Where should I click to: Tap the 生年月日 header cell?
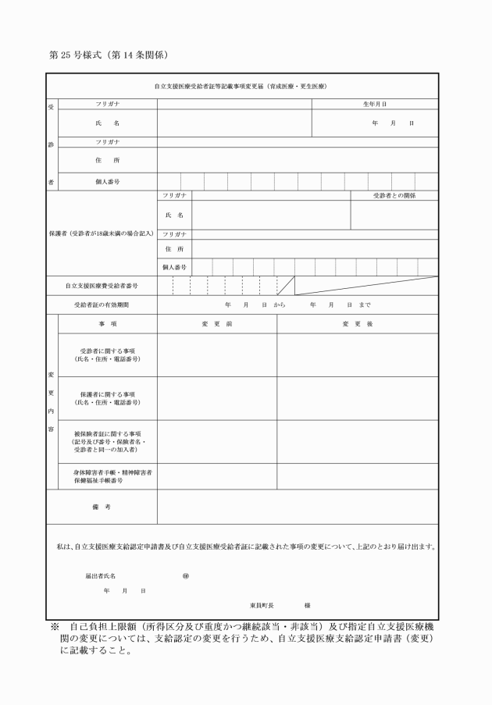tap(375, 104)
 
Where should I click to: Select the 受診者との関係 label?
tap(394, 195)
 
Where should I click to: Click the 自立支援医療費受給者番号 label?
tap(102, 286)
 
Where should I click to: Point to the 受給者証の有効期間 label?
tap(102, 304)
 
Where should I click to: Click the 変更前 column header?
tap(217, 323)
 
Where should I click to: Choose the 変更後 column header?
tap(357, 323)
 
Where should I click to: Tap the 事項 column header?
tap(108, 323)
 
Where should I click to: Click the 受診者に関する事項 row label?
tap(108, 355)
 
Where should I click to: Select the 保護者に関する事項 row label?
tap(108, 399)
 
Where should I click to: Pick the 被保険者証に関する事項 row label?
tap(108, 442)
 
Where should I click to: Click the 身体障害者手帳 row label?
tap(108, 477)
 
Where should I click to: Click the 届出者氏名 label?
tap(100, 575)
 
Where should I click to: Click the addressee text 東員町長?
tap(260, 605)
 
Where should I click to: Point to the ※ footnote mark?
tap(54, 626)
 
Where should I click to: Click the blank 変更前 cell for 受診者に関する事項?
tap(217, 355)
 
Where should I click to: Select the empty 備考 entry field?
tap(297, 507)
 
